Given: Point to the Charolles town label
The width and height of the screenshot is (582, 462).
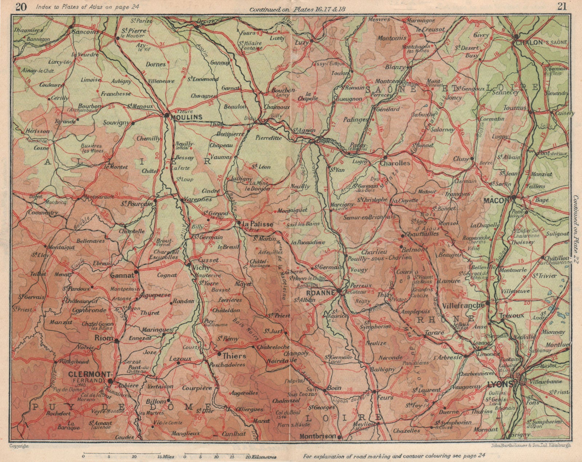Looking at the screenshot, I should point(394,163).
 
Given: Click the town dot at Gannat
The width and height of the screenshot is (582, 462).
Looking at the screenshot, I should point(136,272).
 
